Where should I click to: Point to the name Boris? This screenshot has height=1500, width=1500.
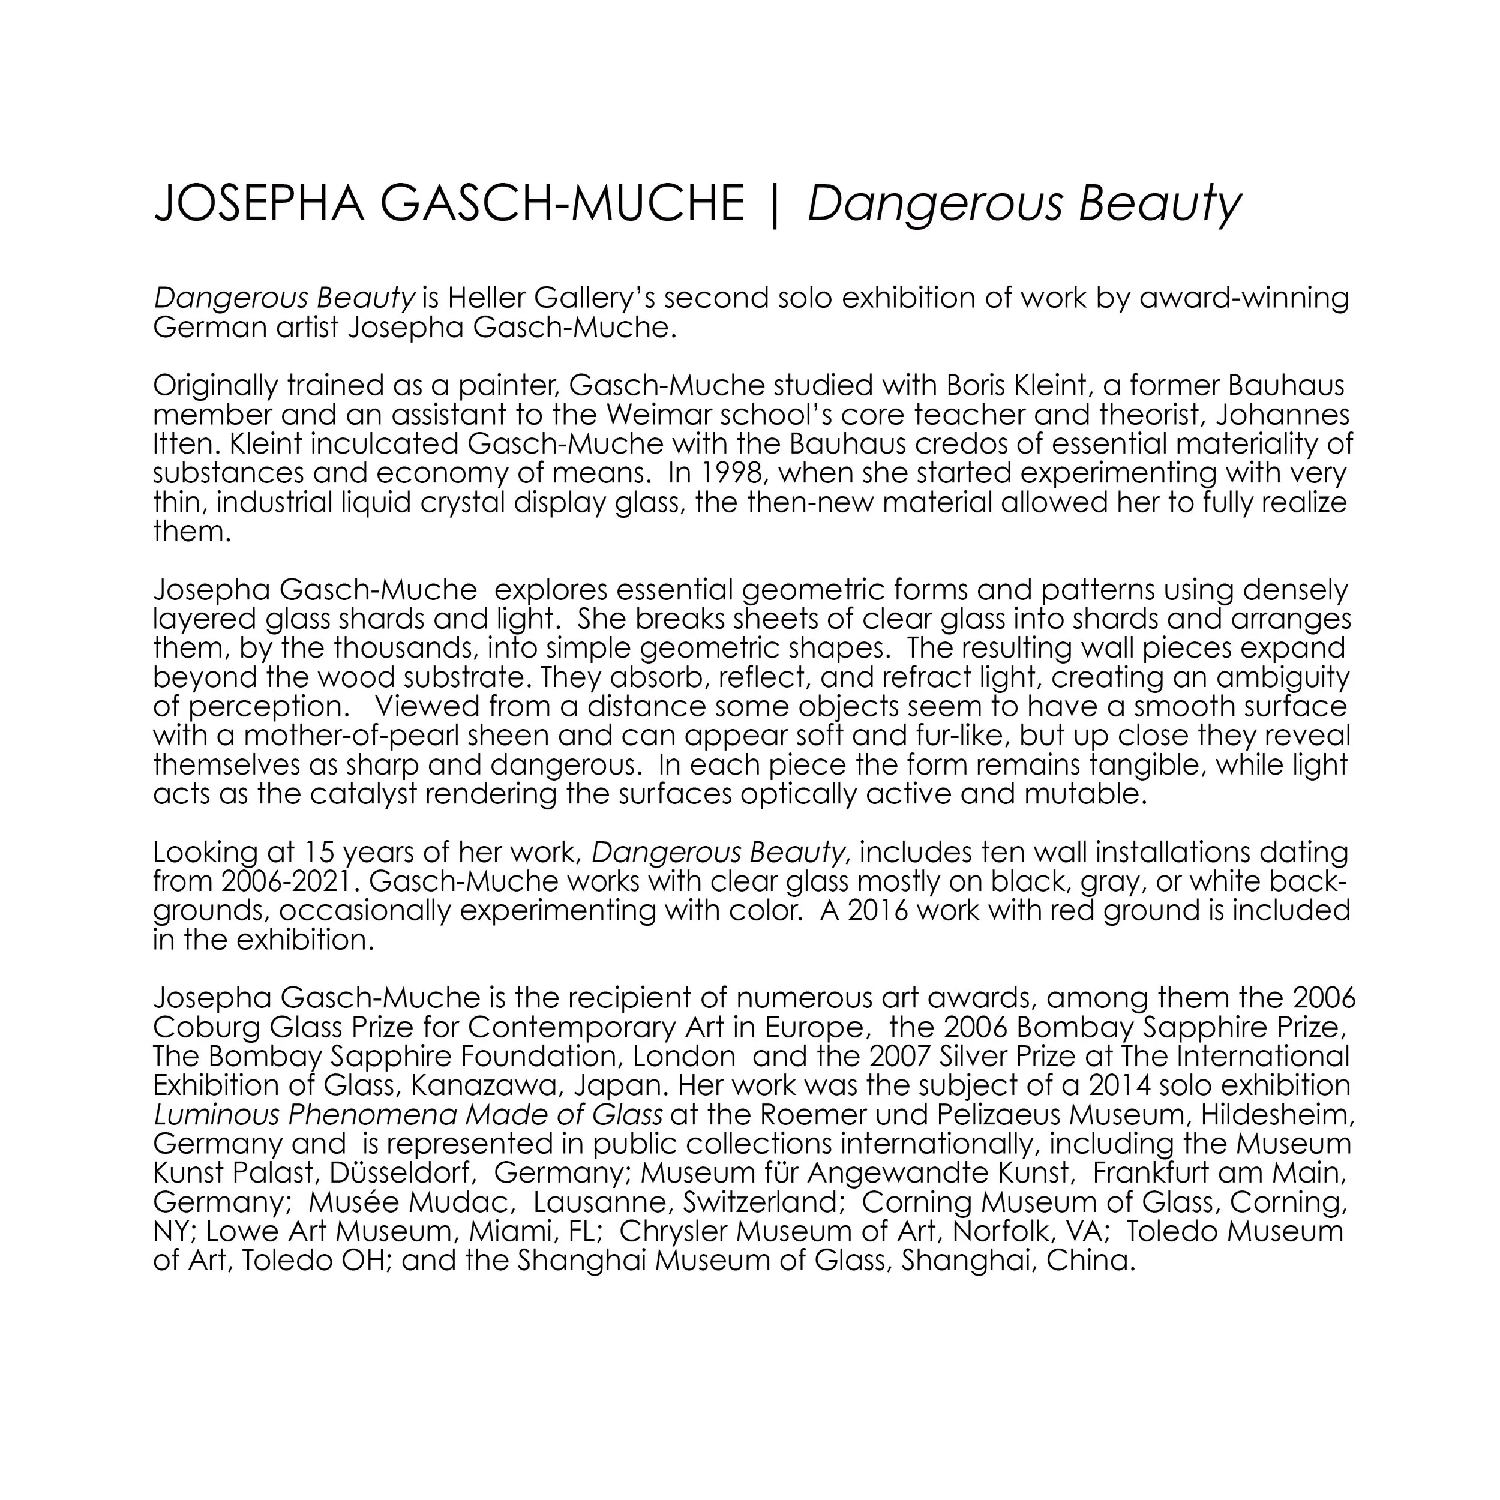click(980, 385)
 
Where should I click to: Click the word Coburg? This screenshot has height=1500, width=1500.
click(206, 1027)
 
